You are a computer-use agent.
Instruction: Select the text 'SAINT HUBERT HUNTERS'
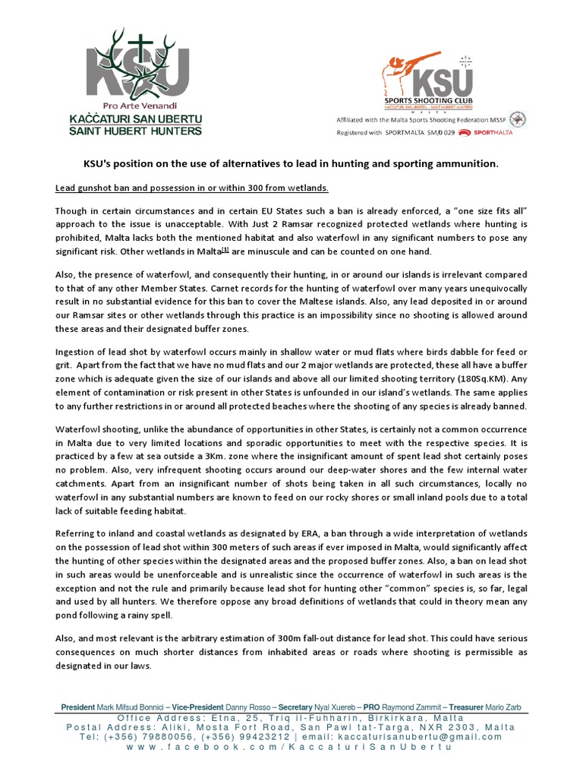[x=144, y=131]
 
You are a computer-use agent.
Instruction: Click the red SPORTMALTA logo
[x=493, y=132]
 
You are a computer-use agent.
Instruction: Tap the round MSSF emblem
[x=518, y=119]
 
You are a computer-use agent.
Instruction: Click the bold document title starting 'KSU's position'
[x=291, y=164]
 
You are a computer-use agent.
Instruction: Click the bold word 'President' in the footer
[x=78, y=707]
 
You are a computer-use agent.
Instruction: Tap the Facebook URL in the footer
[x=291, y=748]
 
